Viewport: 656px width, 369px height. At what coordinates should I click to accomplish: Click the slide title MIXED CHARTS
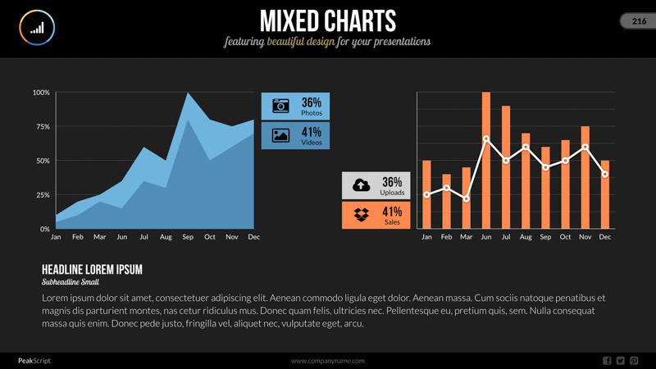[327, 20]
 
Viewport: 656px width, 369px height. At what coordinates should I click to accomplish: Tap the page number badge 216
[639, 22]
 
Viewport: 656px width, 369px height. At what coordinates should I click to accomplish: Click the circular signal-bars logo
[37, 28]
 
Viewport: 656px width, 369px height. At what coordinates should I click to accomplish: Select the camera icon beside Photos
[280, 106]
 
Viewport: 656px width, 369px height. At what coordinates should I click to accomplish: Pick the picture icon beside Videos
[280, 135]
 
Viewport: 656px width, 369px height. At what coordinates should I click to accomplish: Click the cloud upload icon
[361, 185]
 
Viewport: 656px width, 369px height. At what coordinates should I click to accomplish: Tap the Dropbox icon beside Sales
[361, 215]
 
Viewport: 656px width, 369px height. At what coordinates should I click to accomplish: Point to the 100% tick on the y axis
[41, 93]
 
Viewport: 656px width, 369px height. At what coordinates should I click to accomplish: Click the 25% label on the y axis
[41, 195]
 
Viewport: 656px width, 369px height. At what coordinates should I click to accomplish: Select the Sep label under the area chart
[188, 237]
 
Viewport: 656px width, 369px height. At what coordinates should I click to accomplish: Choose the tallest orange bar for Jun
[486, 160]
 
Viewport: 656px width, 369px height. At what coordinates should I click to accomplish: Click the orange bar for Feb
[446, 201]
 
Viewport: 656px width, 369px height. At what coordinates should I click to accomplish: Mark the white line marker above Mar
[466, 199]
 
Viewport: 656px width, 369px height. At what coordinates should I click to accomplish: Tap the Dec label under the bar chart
[605, 237]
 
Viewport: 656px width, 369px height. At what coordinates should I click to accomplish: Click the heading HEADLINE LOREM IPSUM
[92, 270]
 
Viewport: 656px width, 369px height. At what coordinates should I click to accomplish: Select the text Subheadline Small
[71, 282]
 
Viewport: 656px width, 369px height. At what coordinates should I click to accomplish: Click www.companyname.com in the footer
[328, 361]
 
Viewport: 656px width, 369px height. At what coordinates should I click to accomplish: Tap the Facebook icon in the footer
[607, 361]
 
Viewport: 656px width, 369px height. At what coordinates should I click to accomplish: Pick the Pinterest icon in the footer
[634, 361]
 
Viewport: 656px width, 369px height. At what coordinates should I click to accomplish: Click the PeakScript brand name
[34, 361]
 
